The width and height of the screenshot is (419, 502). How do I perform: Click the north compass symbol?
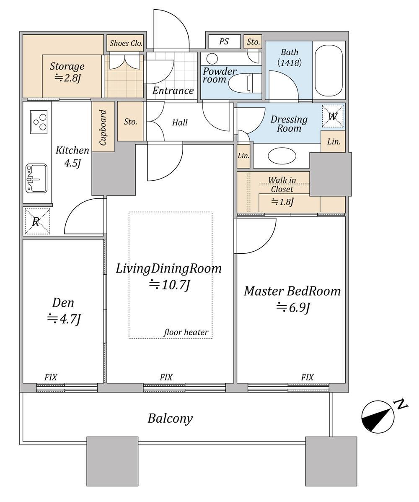378,416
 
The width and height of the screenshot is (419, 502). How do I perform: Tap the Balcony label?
170,419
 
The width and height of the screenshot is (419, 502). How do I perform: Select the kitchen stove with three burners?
39,122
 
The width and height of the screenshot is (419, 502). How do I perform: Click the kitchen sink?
36,179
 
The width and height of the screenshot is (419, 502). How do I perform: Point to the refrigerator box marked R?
37,221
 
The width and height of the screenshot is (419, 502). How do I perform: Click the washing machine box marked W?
333,116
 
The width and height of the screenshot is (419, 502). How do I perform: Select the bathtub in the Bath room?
329,70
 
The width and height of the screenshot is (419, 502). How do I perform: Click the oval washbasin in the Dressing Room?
282,156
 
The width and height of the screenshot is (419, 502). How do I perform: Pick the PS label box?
224,42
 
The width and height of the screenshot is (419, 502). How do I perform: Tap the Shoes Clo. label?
126,43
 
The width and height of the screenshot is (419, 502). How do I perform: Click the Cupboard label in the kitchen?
103,127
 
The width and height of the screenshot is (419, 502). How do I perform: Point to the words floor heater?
186,333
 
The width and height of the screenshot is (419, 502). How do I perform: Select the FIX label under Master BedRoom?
307,378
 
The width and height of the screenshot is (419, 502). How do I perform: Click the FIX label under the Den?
50,378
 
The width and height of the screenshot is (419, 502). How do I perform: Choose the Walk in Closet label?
282,185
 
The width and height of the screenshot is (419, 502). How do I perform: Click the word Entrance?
173,91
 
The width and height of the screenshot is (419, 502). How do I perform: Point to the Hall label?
180,122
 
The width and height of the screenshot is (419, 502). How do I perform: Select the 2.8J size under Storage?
67,78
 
